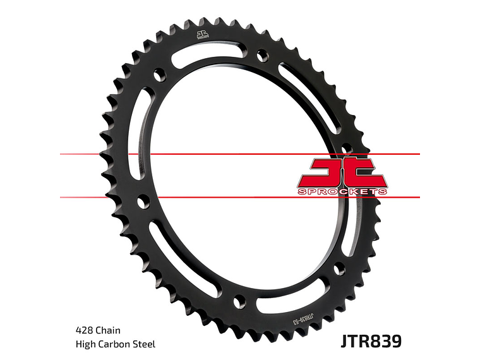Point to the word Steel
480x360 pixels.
coord(143,344)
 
